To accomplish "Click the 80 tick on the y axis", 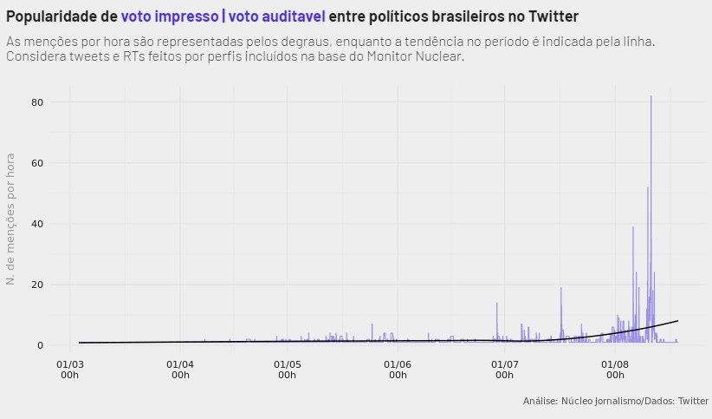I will click(x=37, y=102).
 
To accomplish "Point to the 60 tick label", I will click(x=37, y=163).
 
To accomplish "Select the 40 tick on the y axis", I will click(x=37, y=224).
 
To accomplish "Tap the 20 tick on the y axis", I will click(x=37, y=285).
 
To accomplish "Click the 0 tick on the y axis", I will click(x=40, y=345).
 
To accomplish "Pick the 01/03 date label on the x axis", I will click(x=69, y=370).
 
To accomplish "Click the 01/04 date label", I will click(x=180, y=370).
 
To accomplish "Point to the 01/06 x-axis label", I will click(x=398, y=370).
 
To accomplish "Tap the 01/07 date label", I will click(x=504, y=370).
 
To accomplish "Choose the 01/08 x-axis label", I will click(x=615, y=370).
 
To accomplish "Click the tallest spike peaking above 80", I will click(x=651, y=96).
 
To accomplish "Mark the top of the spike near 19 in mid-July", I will click(x=561, y=288).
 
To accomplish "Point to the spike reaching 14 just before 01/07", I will click(x=497, y=303).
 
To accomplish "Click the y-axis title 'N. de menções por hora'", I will click(x=11, y=219).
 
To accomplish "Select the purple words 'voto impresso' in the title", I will click(x=169, y=16).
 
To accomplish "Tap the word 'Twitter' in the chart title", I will click(x=549, y=16).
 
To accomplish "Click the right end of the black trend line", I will click(x=677, y=321).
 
